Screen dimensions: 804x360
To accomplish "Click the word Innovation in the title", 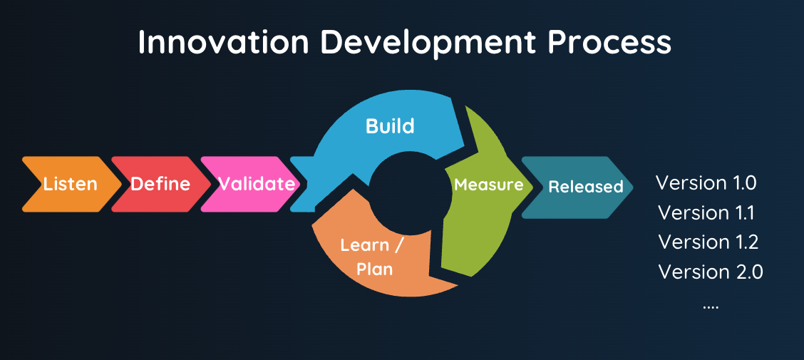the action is (x=224, y=42).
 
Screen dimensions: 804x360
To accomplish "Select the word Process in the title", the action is (x=609, y=43).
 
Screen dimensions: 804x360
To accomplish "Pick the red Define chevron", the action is (x=160, y=185).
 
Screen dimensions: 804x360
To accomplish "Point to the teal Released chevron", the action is (x=577, y=187).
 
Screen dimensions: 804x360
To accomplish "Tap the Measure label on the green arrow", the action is (x=489, y=185).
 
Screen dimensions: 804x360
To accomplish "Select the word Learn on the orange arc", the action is (x=364, y=245).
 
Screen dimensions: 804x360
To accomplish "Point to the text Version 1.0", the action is (x=706, y=182).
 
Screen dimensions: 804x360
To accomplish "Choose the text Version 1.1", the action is (x=706, y=212).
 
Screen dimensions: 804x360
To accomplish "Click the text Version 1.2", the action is (x=708, y=242).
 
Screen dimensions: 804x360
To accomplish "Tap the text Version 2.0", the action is (x=710, y=272).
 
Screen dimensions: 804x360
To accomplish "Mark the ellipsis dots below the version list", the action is (x=711, y=307).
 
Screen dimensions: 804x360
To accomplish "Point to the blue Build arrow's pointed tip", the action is (x=465, y=144).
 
